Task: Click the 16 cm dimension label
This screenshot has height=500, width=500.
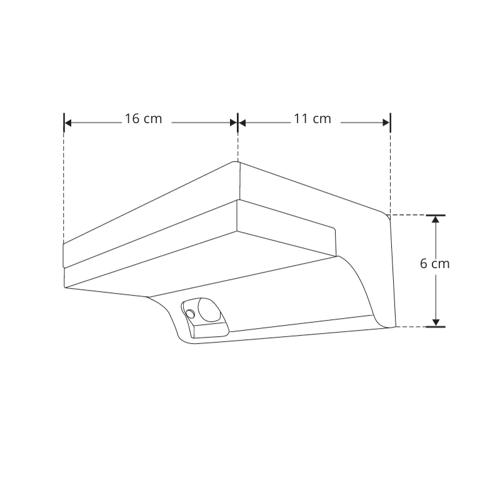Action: click(143, 119)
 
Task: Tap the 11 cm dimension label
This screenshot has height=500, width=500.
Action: click(312, 119)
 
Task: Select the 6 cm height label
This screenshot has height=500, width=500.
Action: click(435, 264)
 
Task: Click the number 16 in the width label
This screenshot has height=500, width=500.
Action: click(132, 119)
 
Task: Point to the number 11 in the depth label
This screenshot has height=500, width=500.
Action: click(301, 119)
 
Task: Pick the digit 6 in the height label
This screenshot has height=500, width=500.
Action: click(424, 264)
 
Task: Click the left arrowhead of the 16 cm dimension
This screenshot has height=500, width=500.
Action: click(69, 122)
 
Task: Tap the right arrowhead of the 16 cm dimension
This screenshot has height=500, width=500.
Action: click(232, 122)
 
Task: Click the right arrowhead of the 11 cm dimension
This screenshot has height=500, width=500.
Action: click(385, 122)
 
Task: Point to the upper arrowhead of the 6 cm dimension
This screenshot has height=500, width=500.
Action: click(436, 221)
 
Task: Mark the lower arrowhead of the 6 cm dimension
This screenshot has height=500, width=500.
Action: click(436, 321)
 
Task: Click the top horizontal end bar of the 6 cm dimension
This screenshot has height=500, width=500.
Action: click(436, 216)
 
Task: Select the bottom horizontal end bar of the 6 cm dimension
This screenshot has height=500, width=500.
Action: click(436, 326)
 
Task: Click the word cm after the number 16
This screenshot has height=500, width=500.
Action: click(152, 119)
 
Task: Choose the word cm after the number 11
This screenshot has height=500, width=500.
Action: click(322, 119)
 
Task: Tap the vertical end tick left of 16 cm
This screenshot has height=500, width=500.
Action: click(64, 122)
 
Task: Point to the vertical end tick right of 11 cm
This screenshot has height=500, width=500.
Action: click(391, 122)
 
